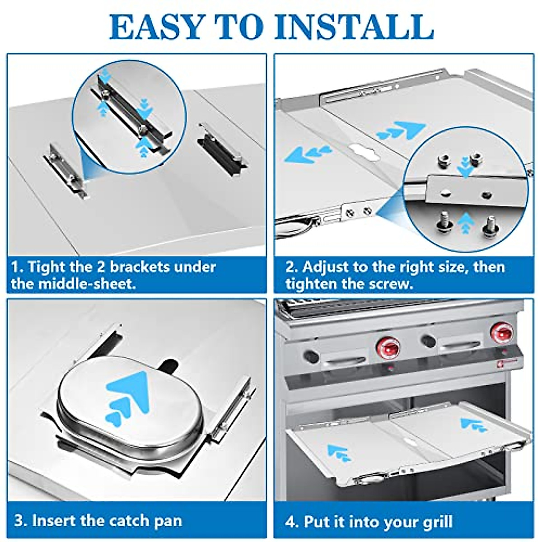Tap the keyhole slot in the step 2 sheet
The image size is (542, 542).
click(x=365, y=154)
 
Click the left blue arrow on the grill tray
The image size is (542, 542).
click(x=338, y=452)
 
